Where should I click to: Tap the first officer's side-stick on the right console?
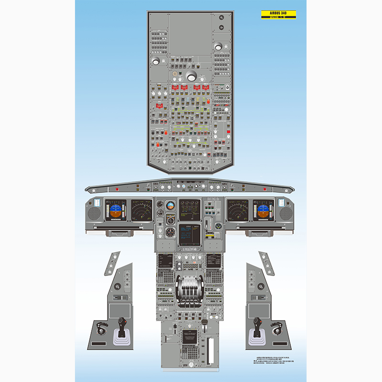[257, 327]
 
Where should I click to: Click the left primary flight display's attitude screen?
[116, 210]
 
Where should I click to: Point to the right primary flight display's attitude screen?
[264, 210]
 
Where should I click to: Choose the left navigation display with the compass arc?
[142, 210]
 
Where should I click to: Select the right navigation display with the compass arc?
[237, 210]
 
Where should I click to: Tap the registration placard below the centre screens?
[191, 249]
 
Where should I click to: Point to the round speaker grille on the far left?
[95, 213]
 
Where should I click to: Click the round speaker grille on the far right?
[286, 213]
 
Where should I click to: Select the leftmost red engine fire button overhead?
[175, 88]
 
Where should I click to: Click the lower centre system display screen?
[191, 234]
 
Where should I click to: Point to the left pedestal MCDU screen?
[165, 261]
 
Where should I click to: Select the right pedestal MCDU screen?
[214, 261]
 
